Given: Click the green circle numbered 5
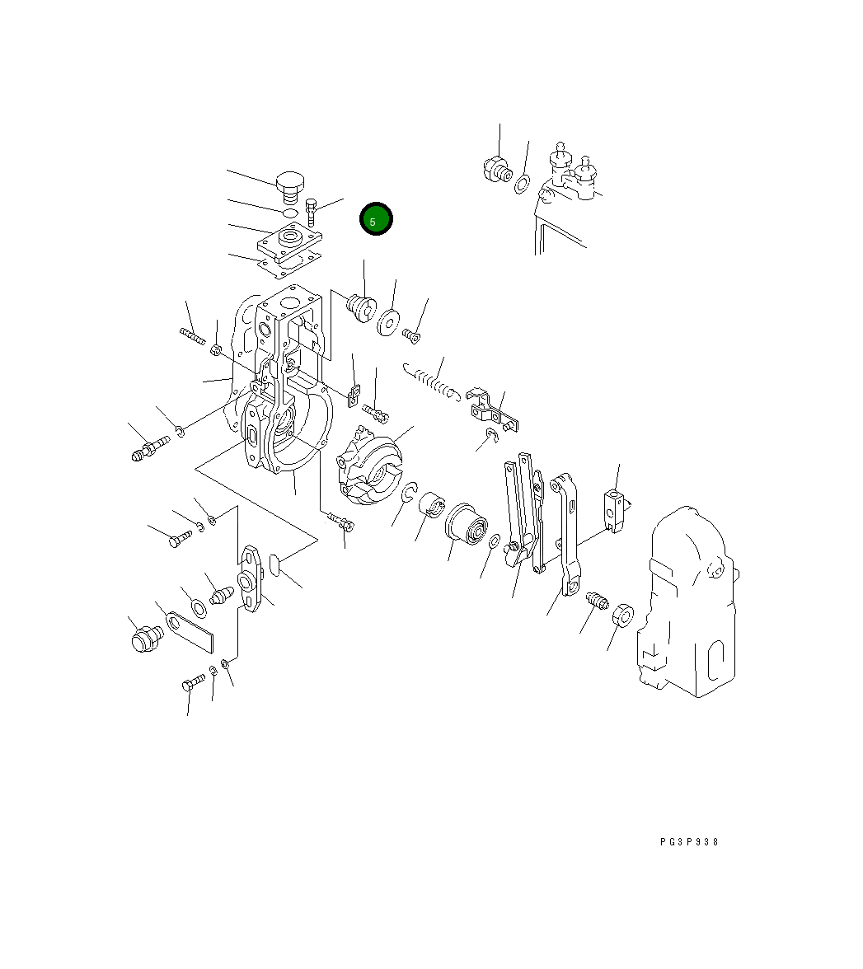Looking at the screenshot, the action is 376,219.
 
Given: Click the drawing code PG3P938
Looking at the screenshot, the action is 689,842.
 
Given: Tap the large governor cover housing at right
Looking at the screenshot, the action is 688,602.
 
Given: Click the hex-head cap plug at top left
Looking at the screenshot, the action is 289,187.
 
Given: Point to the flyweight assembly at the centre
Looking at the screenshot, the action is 369,464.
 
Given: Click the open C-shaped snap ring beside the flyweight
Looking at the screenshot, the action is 409,493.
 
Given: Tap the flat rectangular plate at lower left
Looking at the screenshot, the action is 190,631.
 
